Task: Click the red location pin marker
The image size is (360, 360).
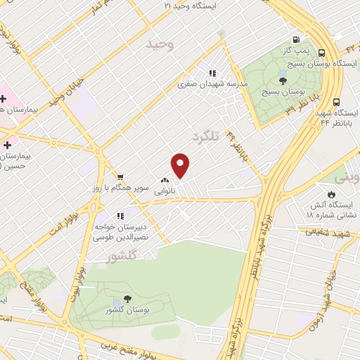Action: click(181, 165)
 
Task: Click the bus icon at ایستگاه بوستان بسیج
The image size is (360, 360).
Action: click(321, 53)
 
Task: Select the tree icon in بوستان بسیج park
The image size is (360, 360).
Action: click(282, 81)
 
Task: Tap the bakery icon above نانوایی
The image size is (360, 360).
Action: click(165, 179)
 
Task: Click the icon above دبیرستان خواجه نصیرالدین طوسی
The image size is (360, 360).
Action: click(121, 215)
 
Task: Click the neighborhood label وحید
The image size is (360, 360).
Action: click(159, 44)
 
